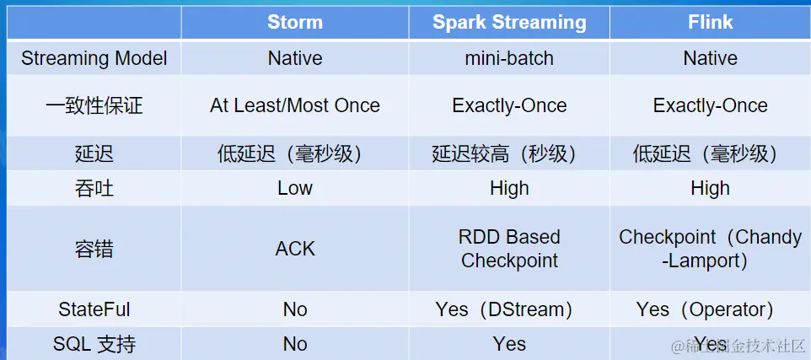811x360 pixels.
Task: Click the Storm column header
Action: (295, 22)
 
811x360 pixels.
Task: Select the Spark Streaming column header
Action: (509, 22)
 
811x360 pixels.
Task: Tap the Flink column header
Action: (710, 22)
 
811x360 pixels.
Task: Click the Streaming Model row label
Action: (94, 58)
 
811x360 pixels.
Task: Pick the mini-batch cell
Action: (509, 58)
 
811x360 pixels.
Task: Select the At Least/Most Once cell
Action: (295, 105)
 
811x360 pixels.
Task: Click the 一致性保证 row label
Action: (94, 105)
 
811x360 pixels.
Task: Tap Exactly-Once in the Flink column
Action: (710, 105)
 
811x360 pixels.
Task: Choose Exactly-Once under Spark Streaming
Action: (509, 105)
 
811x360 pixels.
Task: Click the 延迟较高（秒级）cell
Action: (509, 154)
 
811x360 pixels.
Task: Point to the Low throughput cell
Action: (295, 188)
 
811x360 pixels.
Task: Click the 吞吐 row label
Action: (94, 188)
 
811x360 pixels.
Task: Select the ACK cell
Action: (295, 249)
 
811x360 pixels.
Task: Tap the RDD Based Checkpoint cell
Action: (509, 249)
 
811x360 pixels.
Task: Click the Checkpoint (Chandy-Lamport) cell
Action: (710, 249)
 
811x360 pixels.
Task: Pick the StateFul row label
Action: (94, 309)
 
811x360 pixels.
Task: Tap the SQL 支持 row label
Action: (94, 344)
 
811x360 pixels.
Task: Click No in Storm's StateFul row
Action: (295, 309)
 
